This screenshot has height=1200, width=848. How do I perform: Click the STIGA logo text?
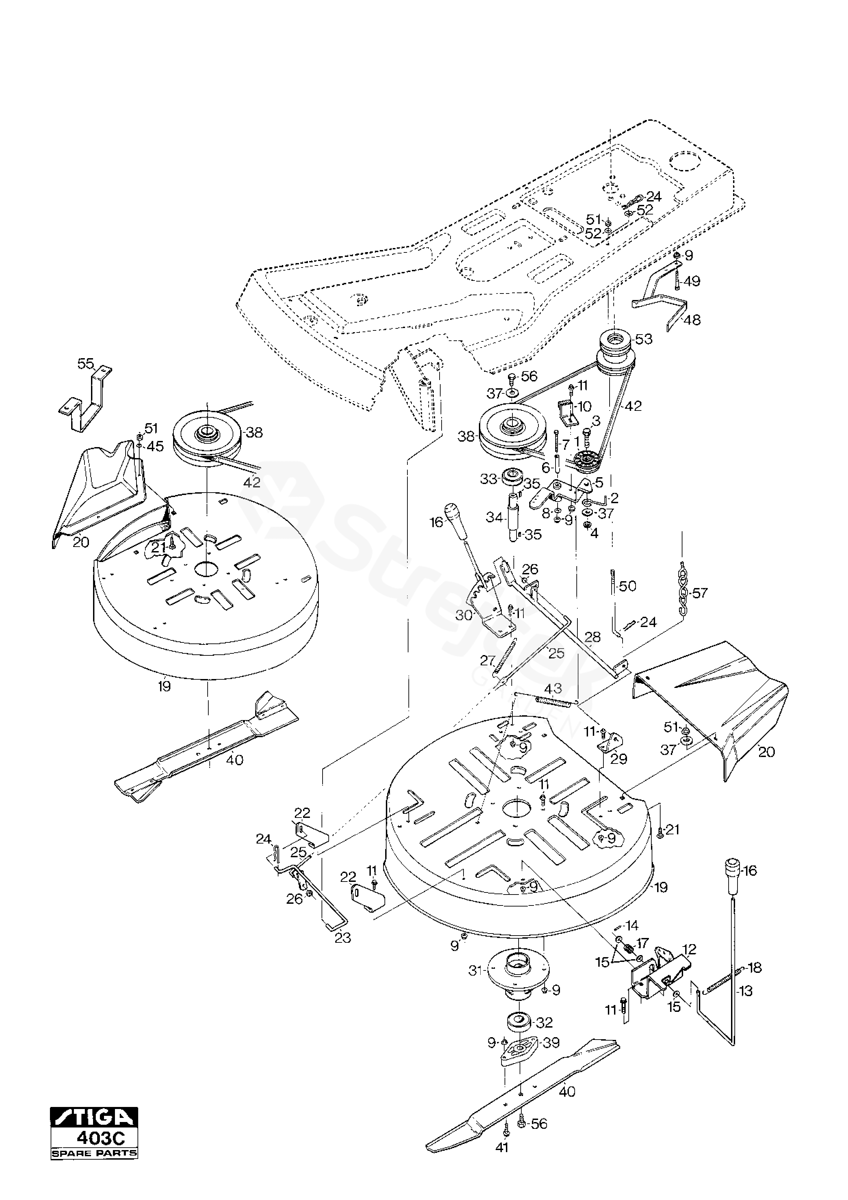[x=94, y=1118]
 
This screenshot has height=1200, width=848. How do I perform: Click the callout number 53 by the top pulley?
[x=644, y=339]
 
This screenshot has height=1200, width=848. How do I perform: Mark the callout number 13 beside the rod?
[x=746, y=991]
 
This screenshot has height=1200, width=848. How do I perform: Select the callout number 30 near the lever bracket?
[x=464, y=616]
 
